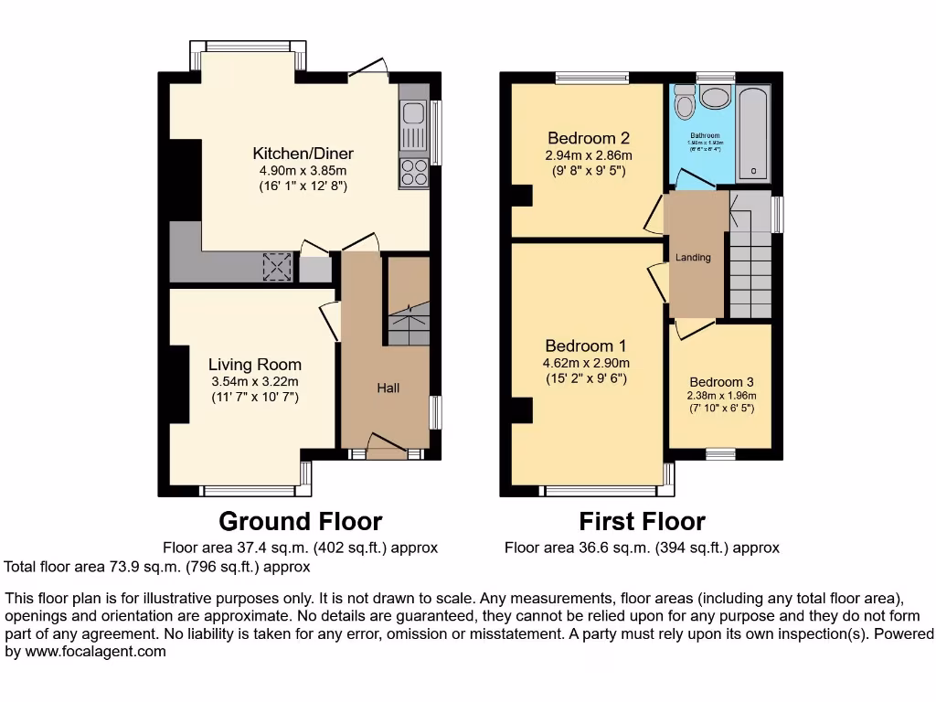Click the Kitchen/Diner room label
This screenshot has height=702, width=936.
pyautogui.click(x=303, y=154)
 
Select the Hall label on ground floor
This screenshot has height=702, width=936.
pyautogui.click(x=388, y=388)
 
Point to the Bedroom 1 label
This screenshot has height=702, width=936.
pyautogui.click(x=585, y=346)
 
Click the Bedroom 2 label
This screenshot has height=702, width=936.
pyautogui.click(x=588, y=139)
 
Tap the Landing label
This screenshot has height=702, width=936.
pyautogui.click(x=693, y=258)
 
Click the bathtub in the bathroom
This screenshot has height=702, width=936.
pyautogui.click(x=754, y=133)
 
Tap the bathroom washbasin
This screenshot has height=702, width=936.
pyautogui.click(x=715, y=97)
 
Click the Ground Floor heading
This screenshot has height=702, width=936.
pyautogui.click(x=300, y=522)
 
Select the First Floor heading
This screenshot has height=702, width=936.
pyautogui.click(x=642, y=522)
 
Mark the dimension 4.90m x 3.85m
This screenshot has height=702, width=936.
pyautogui.click(x=303, y=171)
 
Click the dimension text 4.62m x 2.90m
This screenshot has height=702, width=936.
pyautogui.click(x=585, y=363)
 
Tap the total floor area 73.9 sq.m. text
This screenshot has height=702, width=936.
pyautogui.click(x=157, y=567)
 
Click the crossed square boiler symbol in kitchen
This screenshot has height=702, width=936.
pyautogui.click(x=276, y=267)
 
